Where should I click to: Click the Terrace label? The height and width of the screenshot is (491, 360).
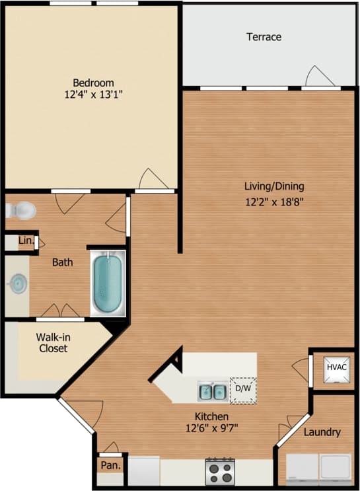pos(264,37)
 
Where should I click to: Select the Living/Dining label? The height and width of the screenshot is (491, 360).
pos(275,186)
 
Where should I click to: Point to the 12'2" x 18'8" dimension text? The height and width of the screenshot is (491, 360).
pos(275,202)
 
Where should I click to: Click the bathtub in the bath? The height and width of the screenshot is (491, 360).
pos(108,285)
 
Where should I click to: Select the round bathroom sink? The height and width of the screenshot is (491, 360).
pos(17,285)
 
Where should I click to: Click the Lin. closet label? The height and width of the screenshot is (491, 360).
pos(25,242)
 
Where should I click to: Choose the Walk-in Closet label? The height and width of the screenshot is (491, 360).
pos(52,342)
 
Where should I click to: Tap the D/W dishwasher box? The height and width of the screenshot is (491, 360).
pos(242,389)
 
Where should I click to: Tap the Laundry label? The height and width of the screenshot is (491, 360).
pos(322,432)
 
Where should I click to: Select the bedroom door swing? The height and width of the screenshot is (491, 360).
pos(154,179)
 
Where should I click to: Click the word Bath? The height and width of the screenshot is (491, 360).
pos(62,262)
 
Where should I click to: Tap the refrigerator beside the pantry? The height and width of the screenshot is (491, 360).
pos(144,471)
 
